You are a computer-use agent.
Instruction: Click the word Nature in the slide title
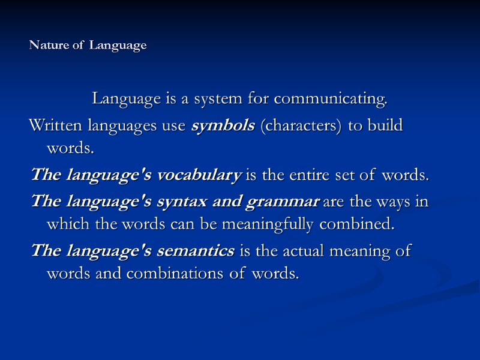(x=47, y=46)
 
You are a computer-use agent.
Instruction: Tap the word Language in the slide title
(x=118, y=46)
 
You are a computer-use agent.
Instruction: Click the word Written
(x=58, y=126)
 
